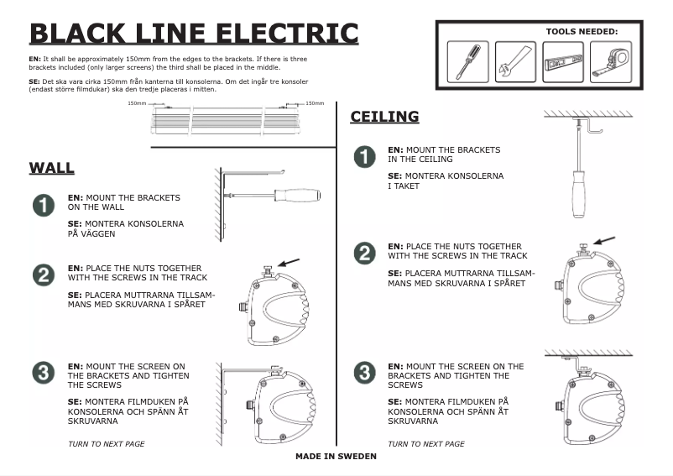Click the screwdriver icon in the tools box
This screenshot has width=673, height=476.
coord(467,61)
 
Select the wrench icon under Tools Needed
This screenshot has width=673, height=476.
coord(514,61)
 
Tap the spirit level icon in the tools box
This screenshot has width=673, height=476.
coord(562,61)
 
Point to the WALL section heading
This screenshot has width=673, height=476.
coord(52,168)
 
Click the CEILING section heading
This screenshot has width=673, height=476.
coord(384,117)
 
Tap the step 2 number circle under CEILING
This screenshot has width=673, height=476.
coord(364,253)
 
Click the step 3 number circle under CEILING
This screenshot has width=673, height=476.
coord(364,372)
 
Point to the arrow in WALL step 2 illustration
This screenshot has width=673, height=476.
coord(289,264)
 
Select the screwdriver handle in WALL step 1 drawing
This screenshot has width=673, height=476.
coord(297,195)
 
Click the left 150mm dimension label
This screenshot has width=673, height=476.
coord(137,103)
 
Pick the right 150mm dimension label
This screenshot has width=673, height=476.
coord(315,103)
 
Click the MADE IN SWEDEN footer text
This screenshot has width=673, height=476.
coord(336,457)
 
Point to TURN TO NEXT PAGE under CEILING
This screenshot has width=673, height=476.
coord(426,443)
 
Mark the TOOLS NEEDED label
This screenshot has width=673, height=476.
coord(582,31)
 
